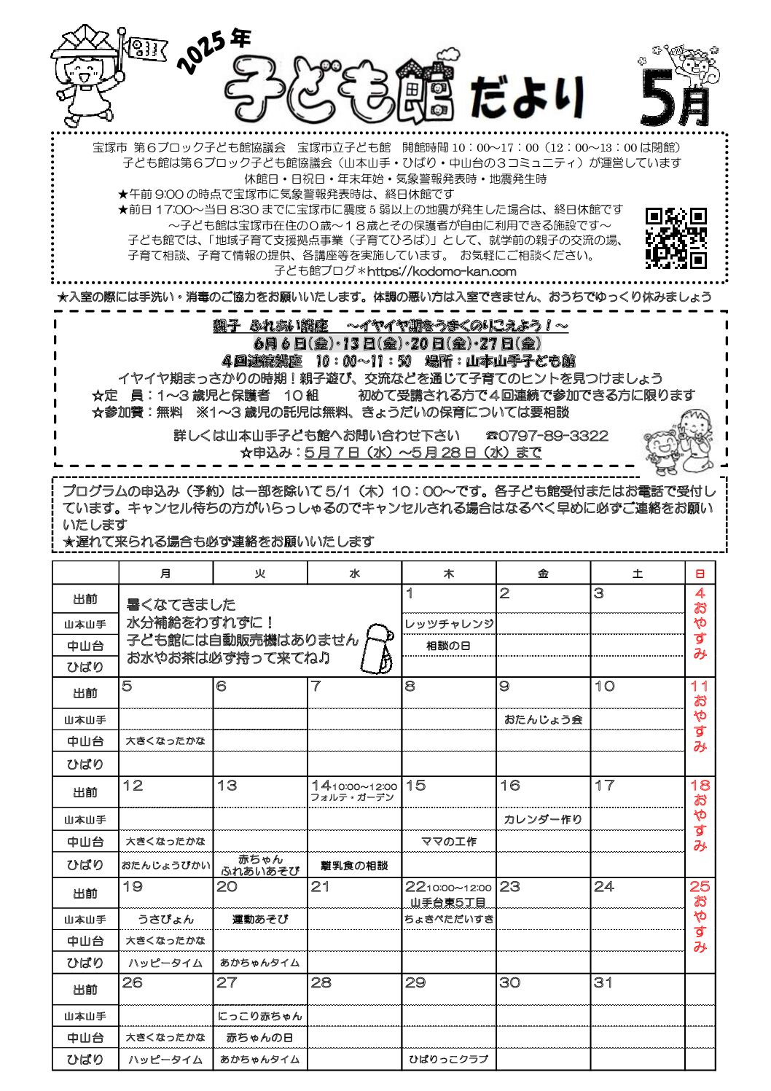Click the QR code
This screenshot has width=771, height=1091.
point(676,238)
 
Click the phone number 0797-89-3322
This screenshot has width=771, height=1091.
point(553,436)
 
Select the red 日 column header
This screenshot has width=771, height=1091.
point(700,574)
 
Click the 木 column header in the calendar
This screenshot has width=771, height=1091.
point(448,574)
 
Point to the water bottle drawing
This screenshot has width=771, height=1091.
point(378,646)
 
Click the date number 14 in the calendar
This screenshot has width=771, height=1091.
point(321,786)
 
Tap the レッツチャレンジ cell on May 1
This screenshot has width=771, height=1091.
point(449,624)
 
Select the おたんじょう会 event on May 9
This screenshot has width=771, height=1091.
point(543,719)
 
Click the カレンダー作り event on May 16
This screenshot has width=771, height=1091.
point(543,819)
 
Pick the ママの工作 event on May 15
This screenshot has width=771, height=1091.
point(449,841)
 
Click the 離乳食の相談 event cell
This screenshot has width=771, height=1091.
point(354,866)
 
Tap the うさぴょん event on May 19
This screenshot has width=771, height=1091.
point(165,919)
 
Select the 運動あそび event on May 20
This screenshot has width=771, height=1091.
point(260,919)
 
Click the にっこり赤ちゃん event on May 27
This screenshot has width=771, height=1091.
point(260,1016)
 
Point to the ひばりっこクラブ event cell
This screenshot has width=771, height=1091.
point(449,1059)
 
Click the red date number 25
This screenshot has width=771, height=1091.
point(700,887)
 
